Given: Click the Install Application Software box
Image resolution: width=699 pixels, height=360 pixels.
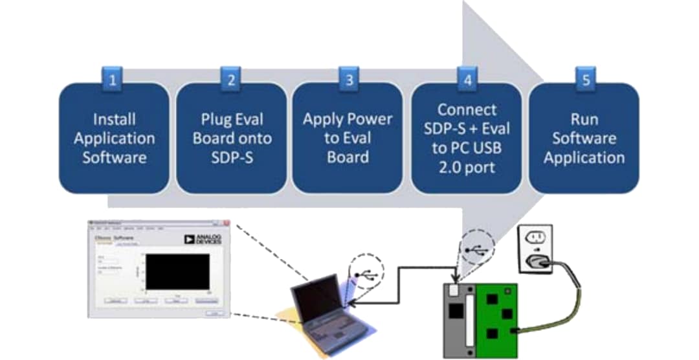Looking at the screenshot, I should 114,138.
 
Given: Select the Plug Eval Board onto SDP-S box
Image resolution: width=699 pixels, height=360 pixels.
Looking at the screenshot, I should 231,138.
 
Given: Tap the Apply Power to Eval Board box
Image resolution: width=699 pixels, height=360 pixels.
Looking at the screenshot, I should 348,138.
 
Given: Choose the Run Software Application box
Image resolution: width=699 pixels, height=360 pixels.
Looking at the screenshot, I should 584,138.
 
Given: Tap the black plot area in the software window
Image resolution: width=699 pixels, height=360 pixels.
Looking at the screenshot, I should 177,271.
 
